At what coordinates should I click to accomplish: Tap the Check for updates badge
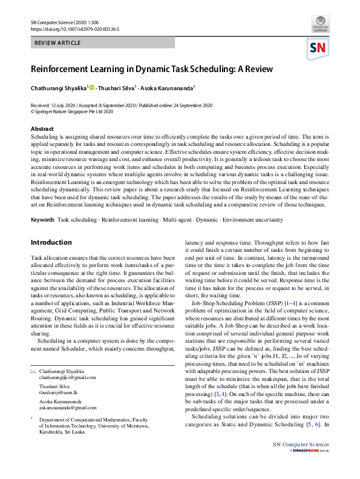click(x=319, y=26)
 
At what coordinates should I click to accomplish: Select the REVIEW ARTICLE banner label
click(x=58, y=44)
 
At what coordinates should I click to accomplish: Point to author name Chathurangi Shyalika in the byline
click(x=59, y=88)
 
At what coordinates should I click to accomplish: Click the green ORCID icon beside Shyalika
click(x=92, y=88)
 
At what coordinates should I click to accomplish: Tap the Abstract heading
click(x=42, y=129)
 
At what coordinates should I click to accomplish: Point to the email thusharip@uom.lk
click(x=58, y=392)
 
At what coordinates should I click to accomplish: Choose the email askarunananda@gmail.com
click(x=67, y=408)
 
